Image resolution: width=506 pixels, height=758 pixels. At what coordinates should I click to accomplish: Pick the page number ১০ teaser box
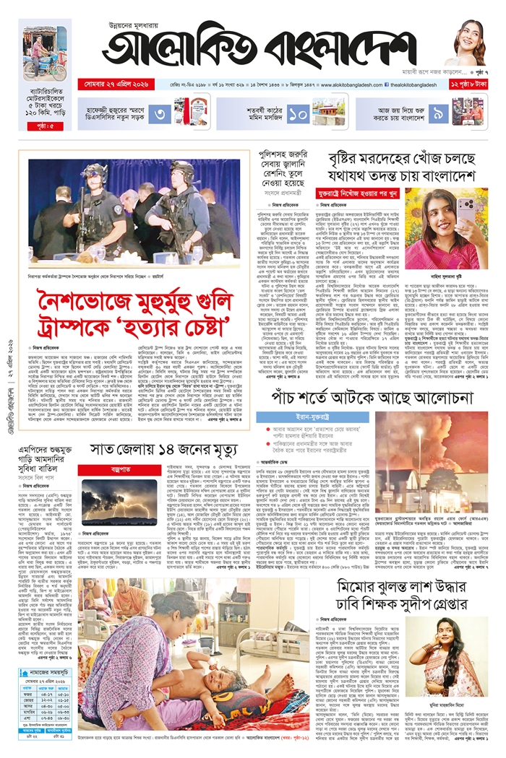click(299, 114)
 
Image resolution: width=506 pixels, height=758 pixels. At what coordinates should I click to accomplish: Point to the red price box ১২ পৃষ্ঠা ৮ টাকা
click(469, 85)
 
